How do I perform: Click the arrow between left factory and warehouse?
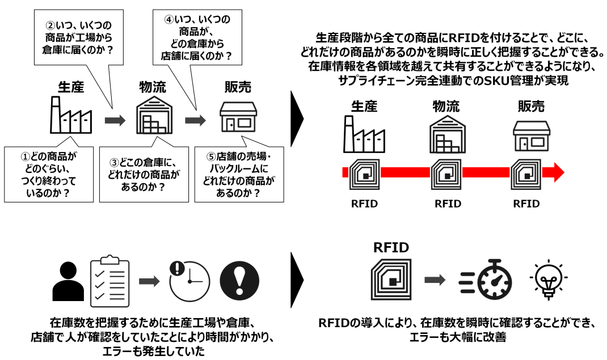(114, 120)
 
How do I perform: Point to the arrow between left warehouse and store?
(196, 120)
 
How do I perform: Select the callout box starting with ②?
(77, 37)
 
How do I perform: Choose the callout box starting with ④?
(197, 37)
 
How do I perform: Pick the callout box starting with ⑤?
(238, 173)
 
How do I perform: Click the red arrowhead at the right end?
(557, 171)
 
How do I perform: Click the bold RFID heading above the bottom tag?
(391, 247)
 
